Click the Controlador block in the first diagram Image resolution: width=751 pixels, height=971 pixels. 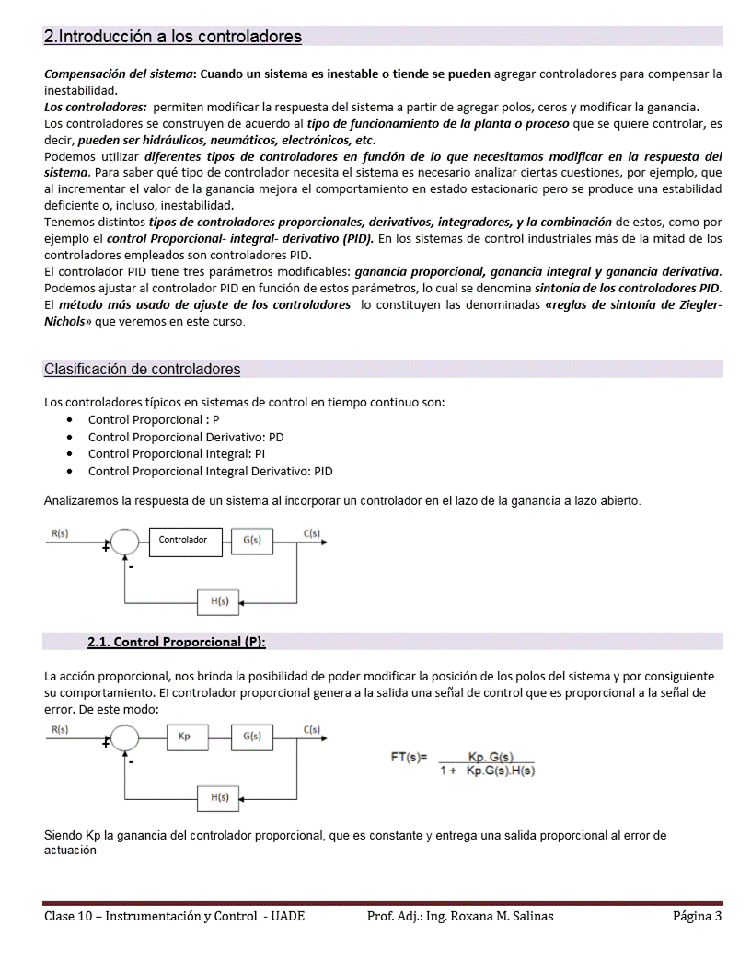pos(182,540)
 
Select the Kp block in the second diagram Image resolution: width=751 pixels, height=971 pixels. pos(185,737)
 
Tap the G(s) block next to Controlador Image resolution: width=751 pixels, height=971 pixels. pos(251,541)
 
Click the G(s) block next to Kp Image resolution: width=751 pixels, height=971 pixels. pos(251,737)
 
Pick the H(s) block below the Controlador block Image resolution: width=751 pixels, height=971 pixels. pos(219,601)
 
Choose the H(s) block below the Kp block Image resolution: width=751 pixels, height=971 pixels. pos(219,798)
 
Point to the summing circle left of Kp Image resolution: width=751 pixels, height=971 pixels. pos(124,738)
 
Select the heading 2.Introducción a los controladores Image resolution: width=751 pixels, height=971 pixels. pos(173,37)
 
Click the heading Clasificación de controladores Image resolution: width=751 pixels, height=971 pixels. pos(143,370)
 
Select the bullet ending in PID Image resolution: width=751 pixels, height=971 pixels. pos(210,472)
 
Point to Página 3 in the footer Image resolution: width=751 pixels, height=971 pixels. pos(697,916)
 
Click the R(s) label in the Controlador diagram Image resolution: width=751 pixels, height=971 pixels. pos(60,533)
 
